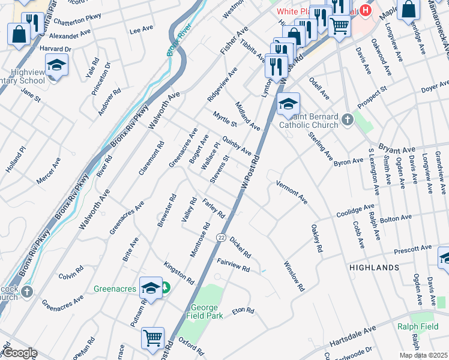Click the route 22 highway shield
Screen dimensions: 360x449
221,238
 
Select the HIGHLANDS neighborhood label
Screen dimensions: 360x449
376,267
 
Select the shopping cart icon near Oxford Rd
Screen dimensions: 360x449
153,338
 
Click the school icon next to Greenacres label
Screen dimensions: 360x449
151,287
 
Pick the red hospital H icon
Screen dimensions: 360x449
364,10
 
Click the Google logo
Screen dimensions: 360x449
19,353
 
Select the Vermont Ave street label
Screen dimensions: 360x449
292,192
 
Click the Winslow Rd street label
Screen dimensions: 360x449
294,276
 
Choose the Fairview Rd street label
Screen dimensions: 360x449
233,265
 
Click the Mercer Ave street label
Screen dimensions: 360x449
49,171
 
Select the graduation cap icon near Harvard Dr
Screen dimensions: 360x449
56,65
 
